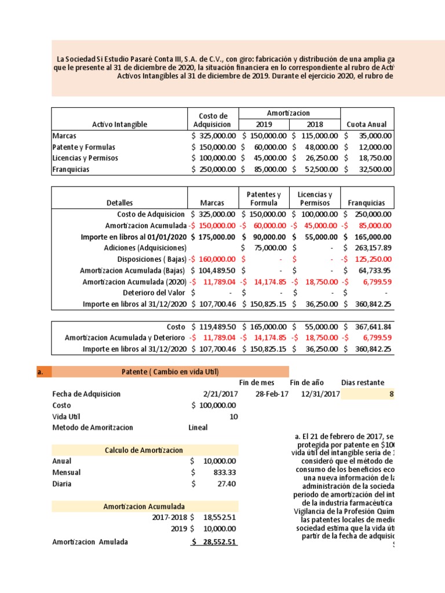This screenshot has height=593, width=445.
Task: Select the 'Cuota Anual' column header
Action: pos(366,125)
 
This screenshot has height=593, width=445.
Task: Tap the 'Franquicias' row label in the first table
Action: pos(70,170)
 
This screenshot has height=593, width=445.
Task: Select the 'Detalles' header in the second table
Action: pos(119,203)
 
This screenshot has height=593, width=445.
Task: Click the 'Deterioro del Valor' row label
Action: pos(155,292)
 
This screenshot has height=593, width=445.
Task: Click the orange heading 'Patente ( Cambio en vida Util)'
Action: pos(170,372)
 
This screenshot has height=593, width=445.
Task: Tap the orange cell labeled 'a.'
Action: pos(41,372)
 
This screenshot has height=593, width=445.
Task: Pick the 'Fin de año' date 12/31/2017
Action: pos(320,394)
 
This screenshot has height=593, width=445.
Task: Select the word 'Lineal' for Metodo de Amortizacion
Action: pos(198,427)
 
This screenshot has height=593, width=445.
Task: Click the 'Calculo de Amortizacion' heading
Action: pos(144,450)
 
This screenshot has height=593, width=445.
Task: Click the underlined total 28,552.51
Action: pos(216,542)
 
